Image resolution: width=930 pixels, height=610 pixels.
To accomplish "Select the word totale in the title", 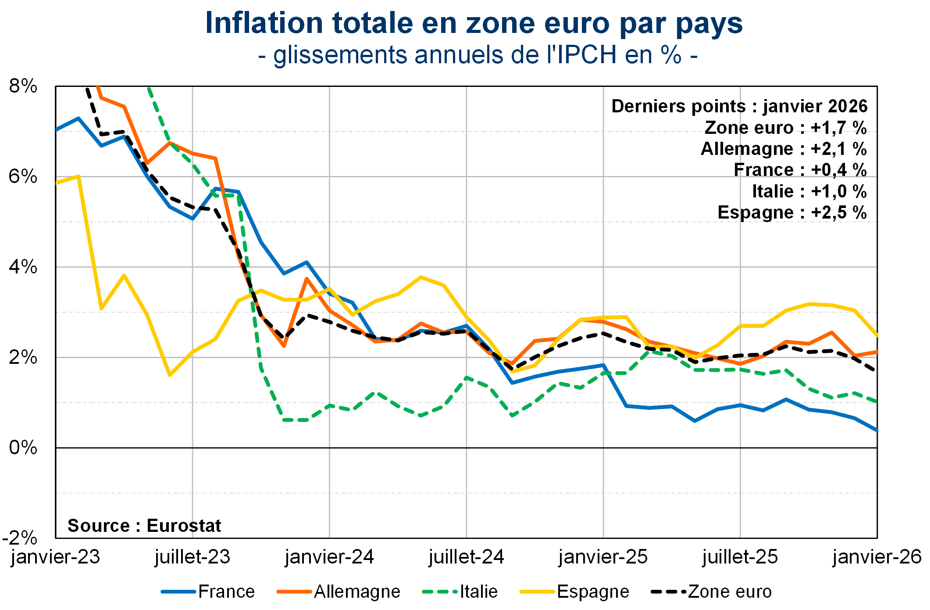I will tap(373, 23).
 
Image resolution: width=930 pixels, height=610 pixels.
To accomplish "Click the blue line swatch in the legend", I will tap(178, 592).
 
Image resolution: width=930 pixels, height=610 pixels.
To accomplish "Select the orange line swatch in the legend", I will tap(294, 592).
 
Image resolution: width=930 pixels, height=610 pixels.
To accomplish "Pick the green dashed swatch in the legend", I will tap(440, 592).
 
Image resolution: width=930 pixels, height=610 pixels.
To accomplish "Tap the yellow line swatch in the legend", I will tap(537, 592).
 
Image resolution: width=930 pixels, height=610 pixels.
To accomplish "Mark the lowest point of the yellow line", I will tap(170, 375).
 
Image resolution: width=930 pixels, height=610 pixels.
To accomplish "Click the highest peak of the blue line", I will tap(78, 118).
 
